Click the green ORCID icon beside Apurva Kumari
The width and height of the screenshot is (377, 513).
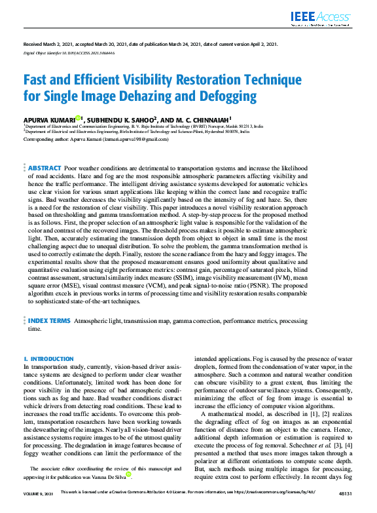[x=78, y=118]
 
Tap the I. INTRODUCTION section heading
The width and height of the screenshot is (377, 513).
[x=48, y=359]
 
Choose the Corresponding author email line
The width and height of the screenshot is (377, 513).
[x=96, y=139]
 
